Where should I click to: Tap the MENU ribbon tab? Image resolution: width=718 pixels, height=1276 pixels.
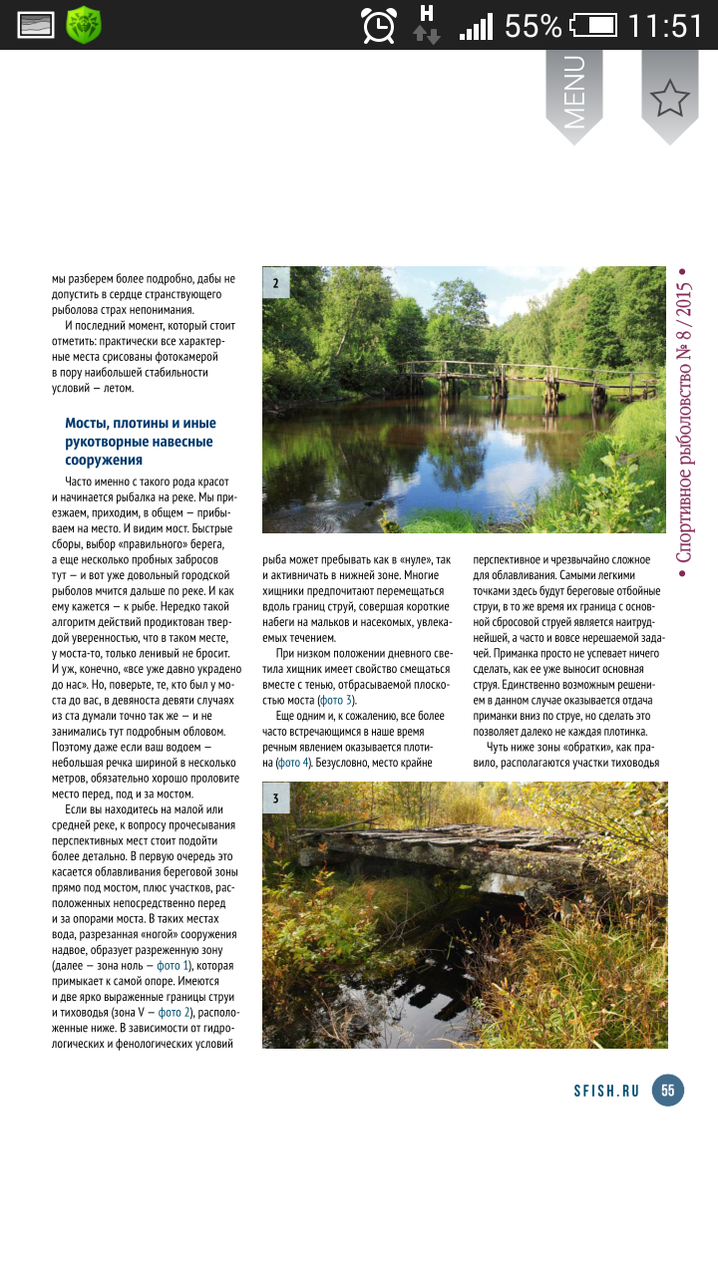[x=574, y=92]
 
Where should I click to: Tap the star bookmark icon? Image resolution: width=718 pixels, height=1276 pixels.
[x=669, y=97]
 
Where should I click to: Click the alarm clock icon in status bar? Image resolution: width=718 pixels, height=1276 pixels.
[x=379, y=25]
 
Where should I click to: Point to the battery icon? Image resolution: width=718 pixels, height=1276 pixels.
[x=595, y=25]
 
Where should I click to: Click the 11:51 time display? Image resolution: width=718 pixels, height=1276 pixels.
[x=666, y=25]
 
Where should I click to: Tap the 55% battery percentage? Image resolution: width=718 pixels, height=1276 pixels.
[x=533, y=25]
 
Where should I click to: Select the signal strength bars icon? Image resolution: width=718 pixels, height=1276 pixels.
[x=476, y=26]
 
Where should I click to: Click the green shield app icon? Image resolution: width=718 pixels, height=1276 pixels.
[x=84, y=25]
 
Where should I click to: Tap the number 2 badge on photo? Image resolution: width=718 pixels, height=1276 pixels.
[x=276, y=283]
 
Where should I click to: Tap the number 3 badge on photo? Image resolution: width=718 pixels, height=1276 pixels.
[x=276, y=798]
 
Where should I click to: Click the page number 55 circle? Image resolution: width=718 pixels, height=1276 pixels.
[x=667, y=1090]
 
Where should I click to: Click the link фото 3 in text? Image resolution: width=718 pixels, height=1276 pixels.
[x=334, y=700]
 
